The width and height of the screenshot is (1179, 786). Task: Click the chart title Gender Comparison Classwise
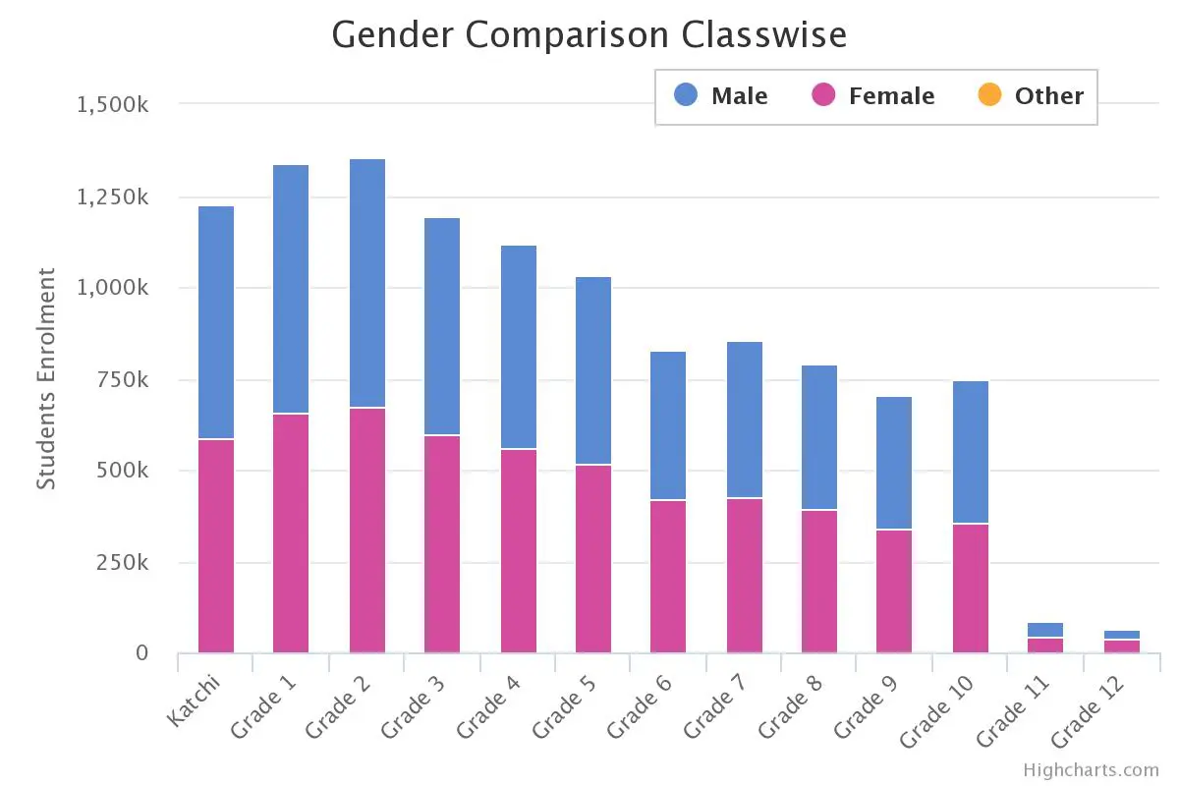pyautogui.click(x=589, y=35)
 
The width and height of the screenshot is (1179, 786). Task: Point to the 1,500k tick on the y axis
pyautogui.click(x=112, y=104)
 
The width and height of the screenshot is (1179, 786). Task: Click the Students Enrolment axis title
pyautogui.click(x=46, y=378)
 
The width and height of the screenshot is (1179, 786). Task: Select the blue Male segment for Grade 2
pyautogui.click(x=366, y=283)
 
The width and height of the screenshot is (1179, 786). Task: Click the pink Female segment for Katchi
pyautogui.click(x=216, y=546)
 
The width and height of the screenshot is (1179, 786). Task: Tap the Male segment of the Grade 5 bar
pyautogui.click(x=593, y=370)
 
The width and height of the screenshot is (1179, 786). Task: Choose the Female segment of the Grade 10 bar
pyautogui.click(x=971, y=589)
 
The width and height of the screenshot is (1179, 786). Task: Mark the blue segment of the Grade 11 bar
pyautogui.click(x=1045, y=630)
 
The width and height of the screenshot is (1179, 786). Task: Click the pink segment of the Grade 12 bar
pyautogui.click(x=1121, y=646)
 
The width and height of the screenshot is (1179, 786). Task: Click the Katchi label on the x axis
pyautogui.click(x=196, y=702)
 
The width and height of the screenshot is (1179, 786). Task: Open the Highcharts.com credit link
pyautogui.click(x=1091, y=770)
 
